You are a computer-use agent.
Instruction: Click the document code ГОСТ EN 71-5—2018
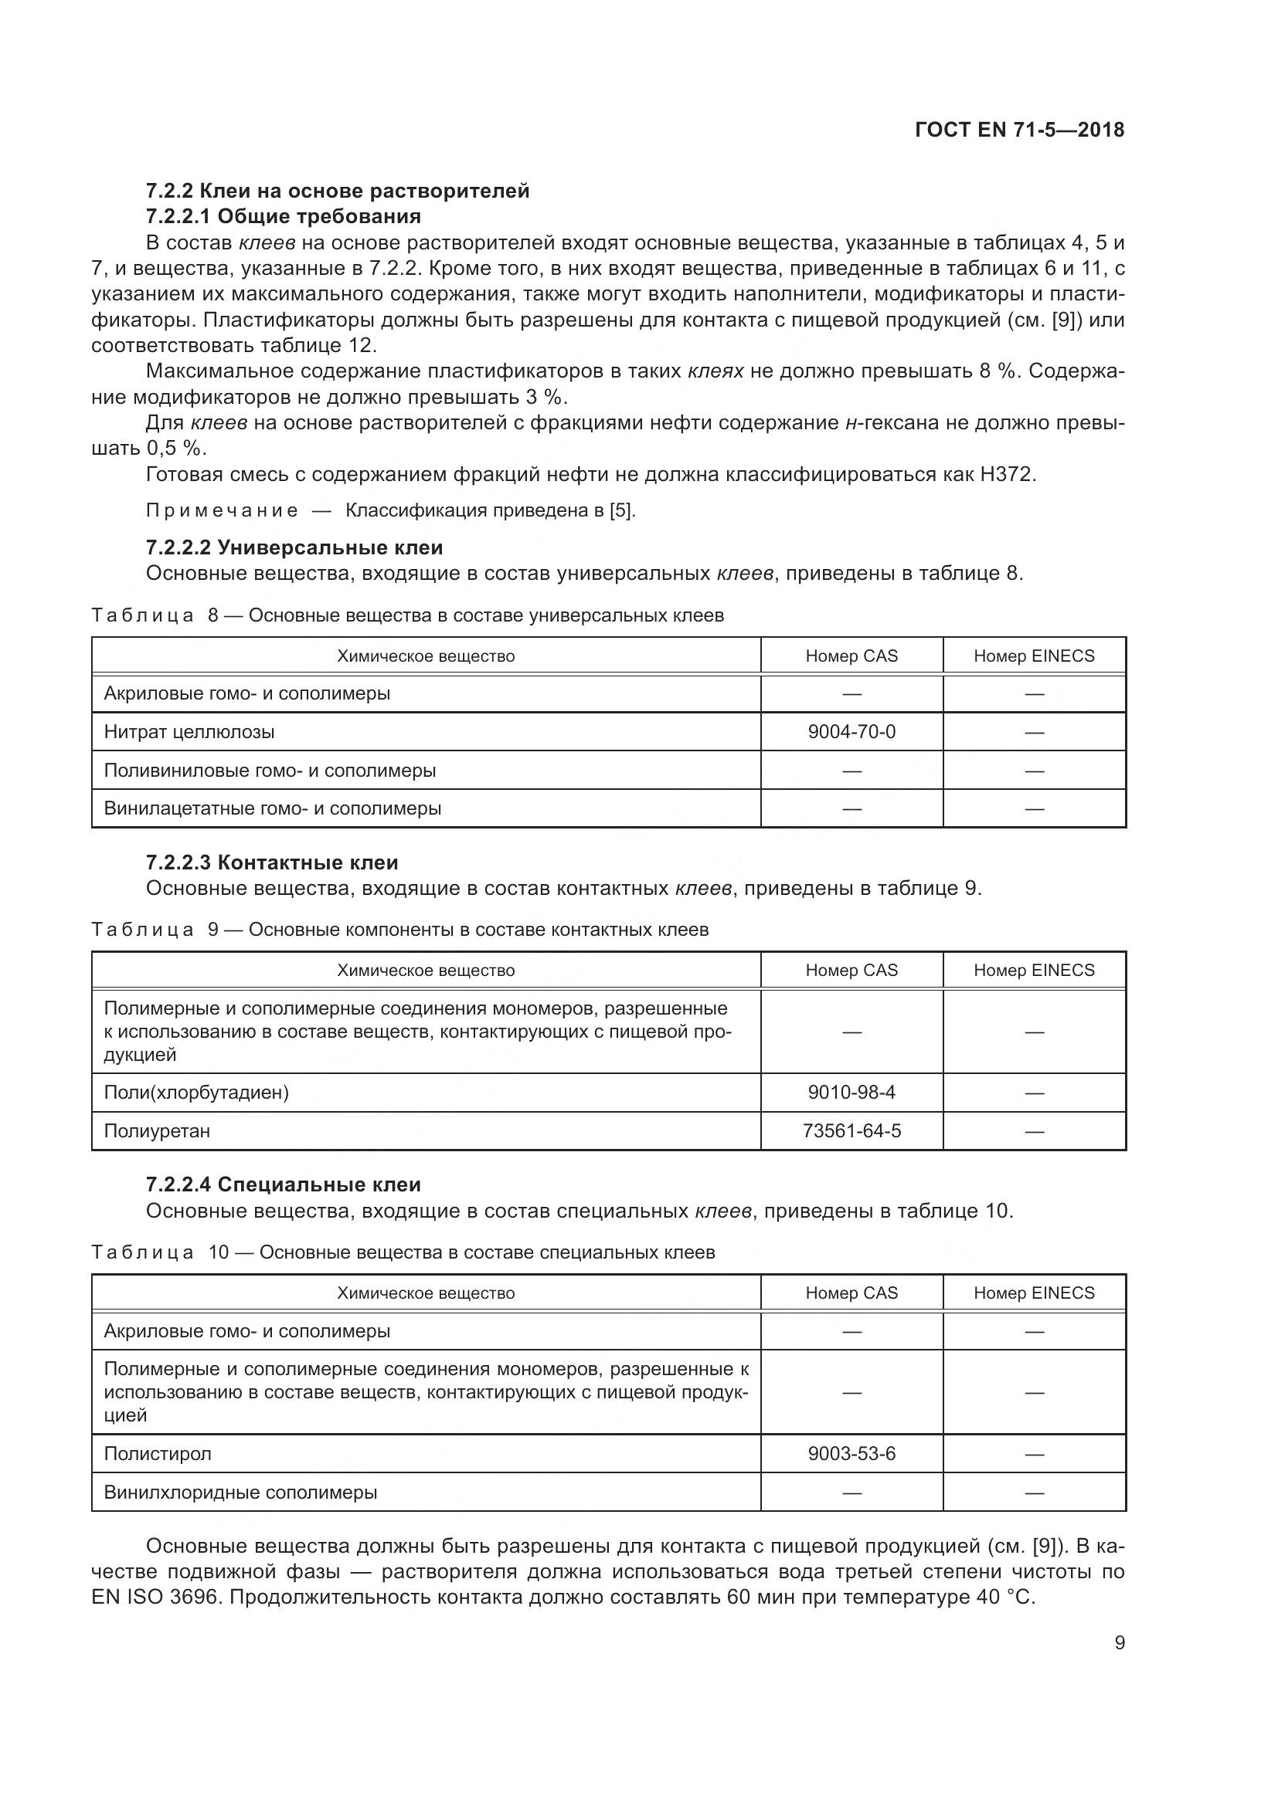tap(1020, 130)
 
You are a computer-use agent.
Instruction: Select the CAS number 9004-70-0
tap(851, 731)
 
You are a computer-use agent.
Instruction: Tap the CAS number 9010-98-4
tap(851, 1092)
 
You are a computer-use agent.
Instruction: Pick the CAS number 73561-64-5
tap(851, 1130)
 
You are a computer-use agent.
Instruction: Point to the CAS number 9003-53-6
tap(851, 1453)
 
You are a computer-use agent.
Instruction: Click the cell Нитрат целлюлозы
tap(189, 731)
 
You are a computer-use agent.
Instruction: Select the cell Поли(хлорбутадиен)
tap(197, 1092)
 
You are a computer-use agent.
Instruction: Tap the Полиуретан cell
tap(158, 1130)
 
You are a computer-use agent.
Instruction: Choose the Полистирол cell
tap(158, 1453)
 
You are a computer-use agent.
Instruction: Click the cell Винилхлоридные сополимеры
tap(241, 1492)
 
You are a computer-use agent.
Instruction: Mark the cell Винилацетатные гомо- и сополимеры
tap(273, 808)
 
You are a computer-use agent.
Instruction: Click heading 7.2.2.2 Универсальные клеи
tap(294, 547)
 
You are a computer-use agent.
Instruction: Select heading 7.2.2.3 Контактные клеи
tap(272, 862)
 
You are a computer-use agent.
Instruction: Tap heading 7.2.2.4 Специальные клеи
tap(284, 1184)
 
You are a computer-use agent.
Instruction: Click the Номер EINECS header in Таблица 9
tap(1034, 970)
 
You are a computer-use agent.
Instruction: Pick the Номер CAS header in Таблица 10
tap(851, 1293)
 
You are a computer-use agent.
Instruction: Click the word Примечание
tap(222, 510)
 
